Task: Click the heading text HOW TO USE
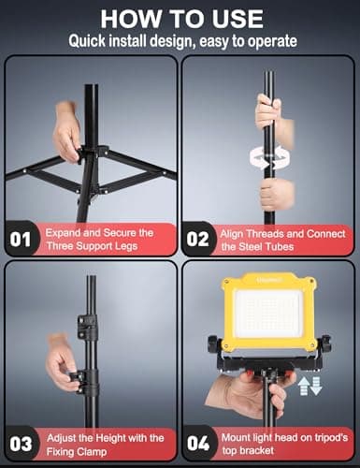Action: [180, 18]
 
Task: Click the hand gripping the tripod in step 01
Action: [67, 131]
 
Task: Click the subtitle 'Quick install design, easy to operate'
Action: [180, 40]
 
